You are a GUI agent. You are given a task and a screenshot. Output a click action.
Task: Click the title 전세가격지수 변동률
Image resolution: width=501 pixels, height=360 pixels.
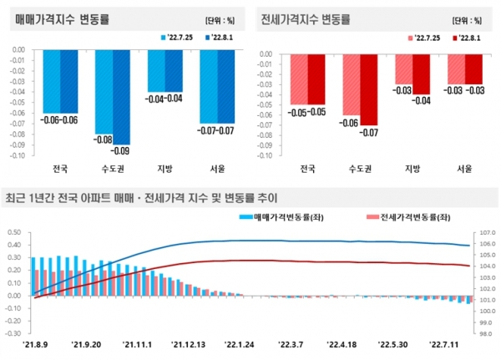[x=306, y=18]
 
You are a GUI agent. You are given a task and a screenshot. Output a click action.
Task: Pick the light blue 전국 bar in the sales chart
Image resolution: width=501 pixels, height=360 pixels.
[x=51, y=81]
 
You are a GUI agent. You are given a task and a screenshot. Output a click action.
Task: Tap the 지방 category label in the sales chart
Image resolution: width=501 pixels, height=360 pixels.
[x=164, y=170]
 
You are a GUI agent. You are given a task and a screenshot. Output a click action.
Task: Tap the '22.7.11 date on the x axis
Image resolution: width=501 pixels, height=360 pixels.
[x=447, y=342]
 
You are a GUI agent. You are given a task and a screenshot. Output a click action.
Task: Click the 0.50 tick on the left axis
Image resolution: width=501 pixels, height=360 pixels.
[x=14, y=232]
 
